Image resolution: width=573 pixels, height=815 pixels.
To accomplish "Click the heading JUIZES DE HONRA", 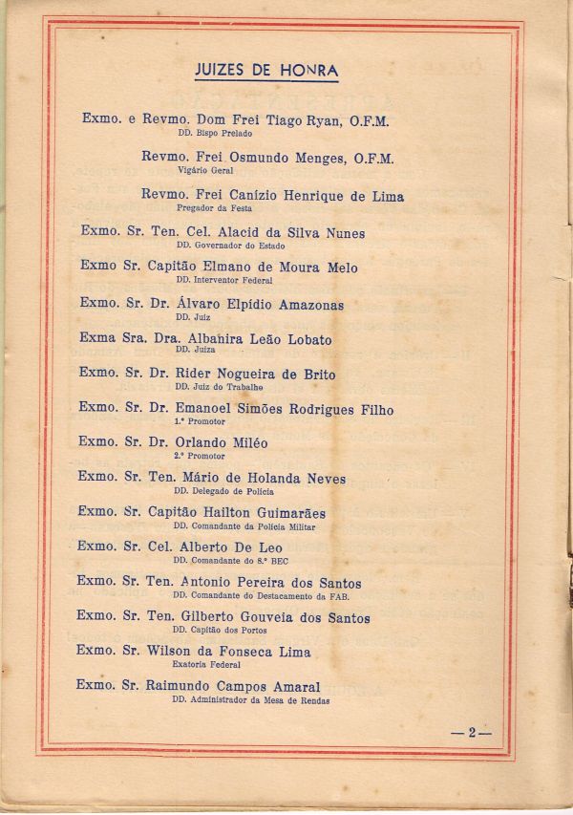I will click(266, 70).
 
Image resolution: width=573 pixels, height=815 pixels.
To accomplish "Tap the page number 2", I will click(471, 733).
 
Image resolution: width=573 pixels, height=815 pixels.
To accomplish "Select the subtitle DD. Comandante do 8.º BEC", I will click(223, 560).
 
